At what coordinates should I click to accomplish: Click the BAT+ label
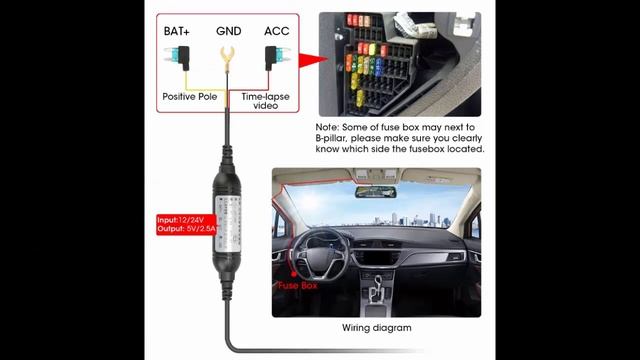point(177,31)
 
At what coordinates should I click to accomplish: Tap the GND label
point(229,31)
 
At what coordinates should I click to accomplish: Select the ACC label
point(277,31)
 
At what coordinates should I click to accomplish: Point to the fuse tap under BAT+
point(178,58)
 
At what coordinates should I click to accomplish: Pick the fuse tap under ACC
point(277,58)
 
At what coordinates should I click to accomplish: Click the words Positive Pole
point(190,97)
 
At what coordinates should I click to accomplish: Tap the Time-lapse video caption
point(265,101)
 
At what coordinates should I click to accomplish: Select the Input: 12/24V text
point(180,220)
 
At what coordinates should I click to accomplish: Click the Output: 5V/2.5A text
point(186,229)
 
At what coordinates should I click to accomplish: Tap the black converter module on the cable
point(227,223)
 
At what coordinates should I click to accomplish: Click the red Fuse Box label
point(298,285)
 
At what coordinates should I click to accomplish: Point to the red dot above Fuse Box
point(293,274)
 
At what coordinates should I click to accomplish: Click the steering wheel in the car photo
point(320,256)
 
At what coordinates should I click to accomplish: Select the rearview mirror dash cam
point(375,192)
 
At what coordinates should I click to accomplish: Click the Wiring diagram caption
point(377,328)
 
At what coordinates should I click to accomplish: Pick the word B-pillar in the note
point(331,138)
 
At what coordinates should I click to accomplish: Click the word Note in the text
point(327,127)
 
